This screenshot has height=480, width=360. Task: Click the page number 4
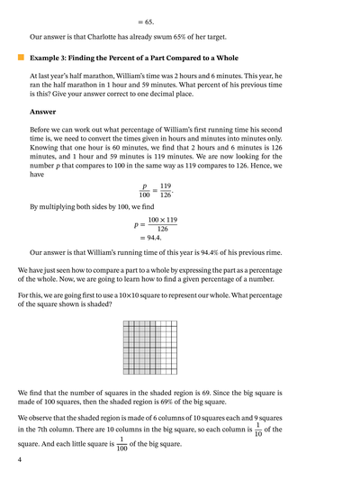(x=19, y=460)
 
